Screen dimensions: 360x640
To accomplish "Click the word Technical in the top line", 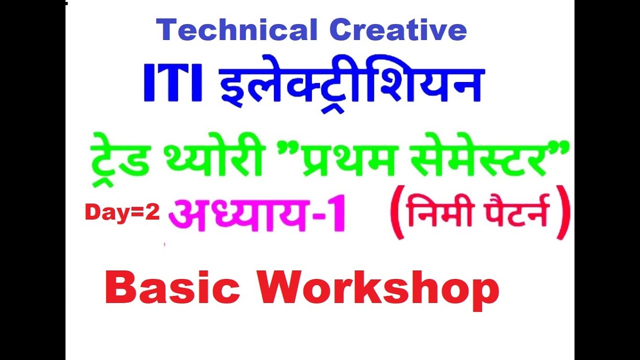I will [x=237, y=31].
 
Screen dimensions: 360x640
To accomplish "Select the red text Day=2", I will [x=122, y=213].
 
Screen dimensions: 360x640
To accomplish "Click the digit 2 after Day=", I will [x=152, y=213].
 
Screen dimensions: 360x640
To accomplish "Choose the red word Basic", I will [x=172, y=288].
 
